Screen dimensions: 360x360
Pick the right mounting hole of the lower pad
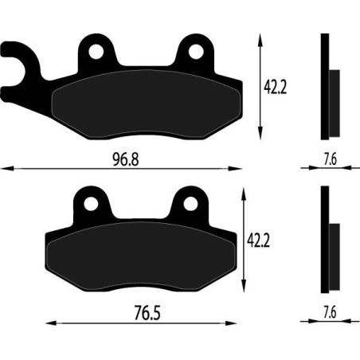pyautogui.click(x=190, y=204)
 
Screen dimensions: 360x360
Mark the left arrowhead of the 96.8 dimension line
pyautogui.click(x=4, y=167)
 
